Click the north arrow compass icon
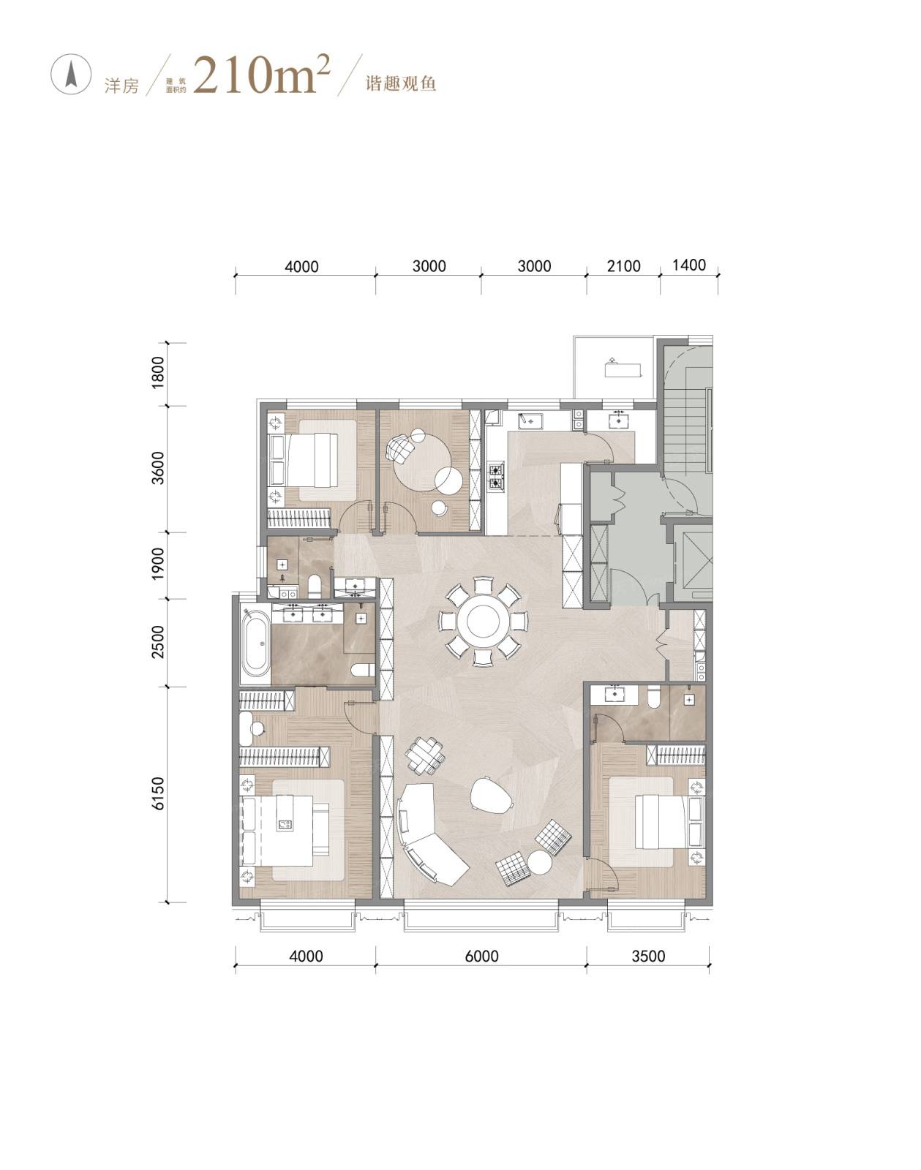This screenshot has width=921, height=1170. [70, 75]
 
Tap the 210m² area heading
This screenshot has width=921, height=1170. [262, 75]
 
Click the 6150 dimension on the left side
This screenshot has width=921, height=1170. [157, 793]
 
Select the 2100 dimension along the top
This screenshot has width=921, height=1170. [623, 266]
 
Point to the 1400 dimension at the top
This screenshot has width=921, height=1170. [688, 265]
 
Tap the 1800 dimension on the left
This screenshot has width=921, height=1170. [157, 372]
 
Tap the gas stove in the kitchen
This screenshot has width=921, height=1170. [497, 476]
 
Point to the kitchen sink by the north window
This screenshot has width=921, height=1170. [530, 421]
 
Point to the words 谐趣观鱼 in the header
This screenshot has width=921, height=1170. [400, 83]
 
